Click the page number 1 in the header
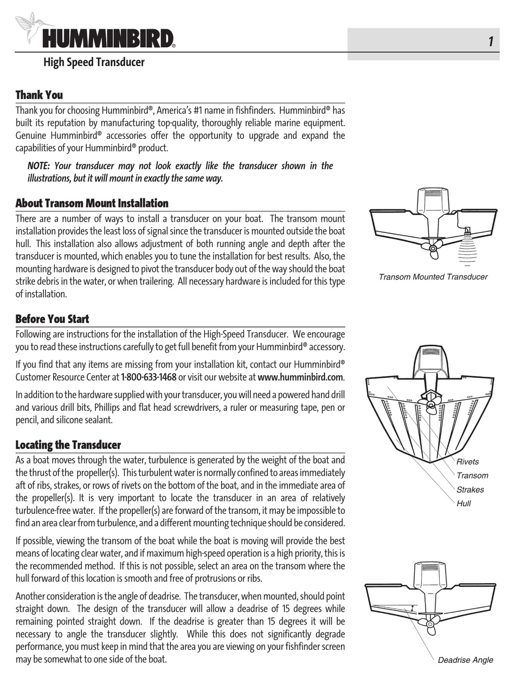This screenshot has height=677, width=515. tap(490, 42)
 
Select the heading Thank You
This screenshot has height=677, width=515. tap(39, 95)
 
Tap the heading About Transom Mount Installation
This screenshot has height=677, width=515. tap(92, 203)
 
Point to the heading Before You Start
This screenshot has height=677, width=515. tap(52, 319)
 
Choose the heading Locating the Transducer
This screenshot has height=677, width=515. tap(68, 445)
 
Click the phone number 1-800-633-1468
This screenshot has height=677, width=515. tap(149, 377)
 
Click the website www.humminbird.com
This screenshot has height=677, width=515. tap(300, 377)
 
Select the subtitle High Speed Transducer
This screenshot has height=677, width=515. tap(94, 62)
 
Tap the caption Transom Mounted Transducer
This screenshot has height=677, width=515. tap(433, 277)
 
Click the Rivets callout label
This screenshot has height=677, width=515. tap(467, 462)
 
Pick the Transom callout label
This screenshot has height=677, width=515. tap(472, 476)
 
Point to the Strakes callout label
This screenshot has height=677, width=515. tap(469, 489)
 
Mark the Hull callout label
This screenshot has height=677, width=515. tap(463, 504)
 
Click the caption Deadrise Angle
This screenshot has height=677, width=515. tap(465, 660)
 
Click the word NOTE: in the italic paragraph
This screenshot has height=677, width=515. tap(38, 166)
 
